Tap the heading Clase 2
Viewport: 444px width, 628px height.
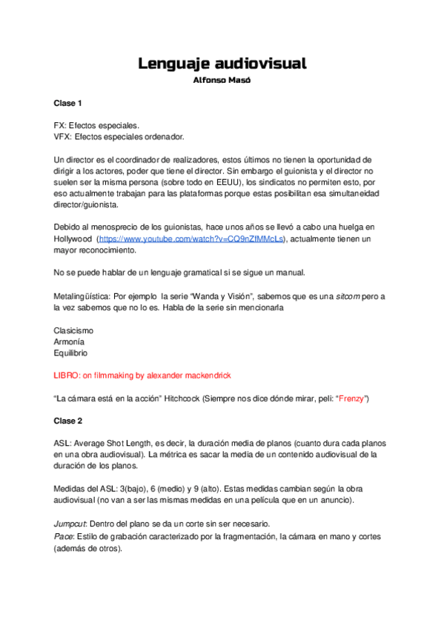[67, 421]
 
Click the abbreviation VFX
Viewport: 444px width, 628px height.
[62, 136]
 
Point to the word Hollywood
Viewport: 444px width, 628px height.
[73, 239]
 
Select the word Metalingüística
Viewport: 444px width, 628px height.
[79, 296]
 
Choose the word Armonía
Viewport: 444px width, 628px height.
[70, 342]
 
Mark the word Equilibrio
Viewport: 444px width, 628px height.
[70, 353]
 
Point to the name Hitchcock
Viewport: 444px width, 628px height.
[192, 398]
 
